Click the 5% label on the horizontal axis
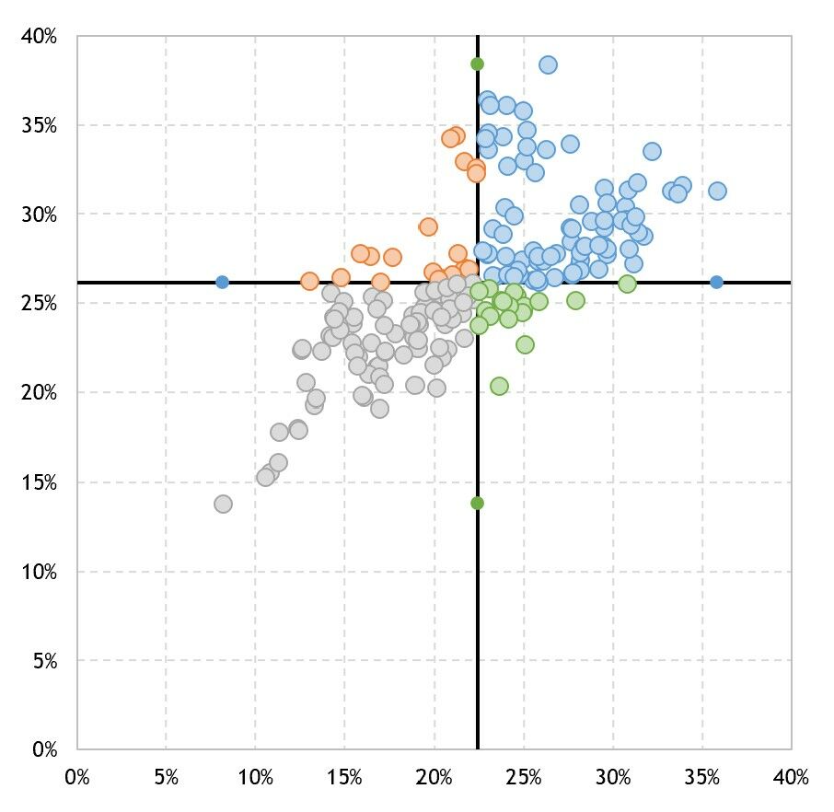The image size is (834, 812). [166, 778]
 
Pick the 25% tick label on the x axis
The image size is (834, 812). [523, 778]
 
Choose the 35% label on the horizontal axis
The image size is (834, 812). [701, 778]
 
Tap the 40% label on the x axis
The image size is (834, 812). [791, 778]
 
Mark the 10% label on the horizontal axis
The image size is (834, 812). [255, 778]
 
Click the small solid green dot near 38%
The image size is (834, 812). [477, 64]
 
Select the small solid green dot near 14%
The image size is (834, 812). [477, 503]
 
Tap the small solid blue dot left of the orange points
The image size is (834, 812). [222, 282]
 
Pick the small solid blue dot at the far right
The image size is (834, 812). [717, 282]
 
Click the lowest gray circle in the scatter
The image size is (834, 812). [223, 504]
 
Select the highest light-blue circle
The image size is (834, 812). [548, 64]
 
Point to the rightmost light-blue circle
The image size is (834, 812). [717, 191]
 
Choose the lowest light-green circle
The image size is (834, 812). [499, 386]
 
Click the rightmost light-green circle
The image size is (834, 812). [627, 284]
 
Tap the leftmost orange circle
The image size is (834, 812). [309, 281]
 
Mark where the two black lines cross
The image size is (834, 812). [477, 282]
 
